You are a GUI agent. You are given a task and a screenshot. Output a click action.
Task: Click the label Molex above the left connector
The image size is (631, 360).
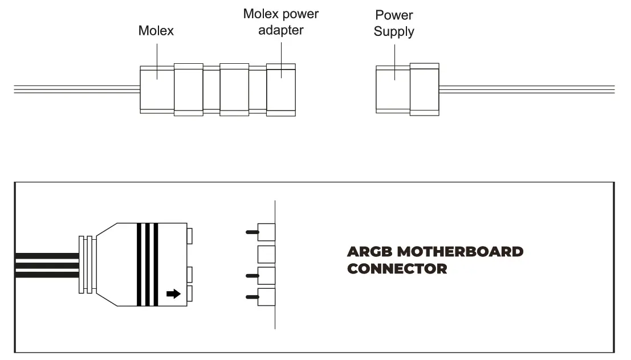click(156, 31)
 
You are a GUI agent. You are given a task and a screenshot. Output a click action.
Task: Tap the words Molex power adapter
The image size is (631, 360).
click(280, 22)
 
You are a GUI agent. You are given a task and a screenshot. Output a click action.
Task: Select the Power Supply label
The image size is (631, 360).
click(394, 23)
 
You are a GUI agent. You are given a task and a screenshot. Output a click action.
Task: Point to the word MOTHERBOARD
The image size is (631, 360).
click(459, 252)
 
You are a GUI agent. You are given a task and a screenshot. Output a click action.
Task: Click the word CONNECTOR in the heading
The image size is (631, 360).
click(397, 268)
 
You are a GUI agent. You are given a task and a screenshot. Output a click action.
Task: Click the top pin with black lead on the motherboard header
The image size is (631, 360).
click(266, 231)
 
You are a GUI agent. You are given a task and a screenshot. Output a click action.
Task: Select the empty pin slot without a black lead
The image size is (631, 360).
click(266, 253)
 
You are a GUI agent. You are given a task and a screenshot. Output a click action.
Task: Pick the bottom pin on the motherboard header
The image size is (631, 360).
click(266, 296)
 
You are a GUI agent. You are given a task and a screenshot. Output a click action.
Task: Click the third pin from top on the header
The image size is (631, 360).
click(266, 275)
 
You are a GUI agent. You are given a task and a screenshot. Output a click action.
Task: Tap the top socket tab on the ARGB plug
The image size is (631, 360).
click(190, 235)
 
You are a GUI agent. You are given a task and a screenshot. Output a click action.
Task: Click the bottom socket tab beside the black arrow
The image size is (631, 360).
click(190, 294)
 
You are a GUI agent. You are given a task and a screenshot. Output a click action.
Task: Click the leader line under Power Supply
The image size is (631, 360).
click(394, 56)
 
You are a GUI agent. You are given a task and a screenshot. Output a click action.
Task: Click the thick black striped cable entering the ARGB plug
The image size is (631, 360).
click(46, 265)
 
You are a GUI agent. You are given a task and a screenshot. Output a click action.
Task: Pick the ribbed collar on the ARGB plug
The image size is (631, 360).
click(87, 265)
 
